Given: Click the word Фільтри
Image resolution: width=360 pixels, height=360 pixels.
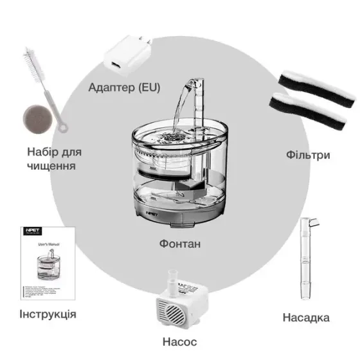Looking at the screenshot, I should point(308,155).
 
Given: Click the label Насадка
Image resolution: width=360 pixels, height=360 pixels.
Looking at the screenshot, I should point(307,318).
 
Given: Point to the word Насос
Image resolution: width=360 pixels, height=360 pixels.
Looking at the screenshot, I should point(179,341).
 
